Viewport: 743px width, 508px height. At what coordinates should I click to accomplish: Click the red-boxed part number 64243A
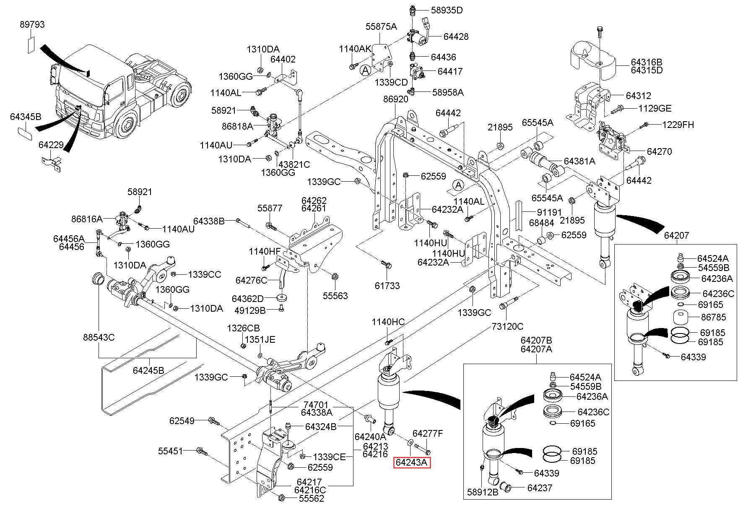(412, 463)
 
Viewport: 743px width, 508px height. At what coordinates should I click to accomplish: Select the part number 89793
(32, 25)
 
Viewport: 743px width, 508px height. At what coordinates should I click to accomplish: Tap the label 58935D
(447, 10)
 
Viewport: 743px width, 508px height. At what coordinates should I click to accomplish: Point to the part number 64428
(456, 36)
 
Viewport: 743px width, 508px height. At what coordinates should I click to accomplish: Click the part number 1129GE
(655, 109)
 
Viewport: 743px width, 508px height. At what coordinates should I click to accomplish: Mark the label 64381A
(579, 161)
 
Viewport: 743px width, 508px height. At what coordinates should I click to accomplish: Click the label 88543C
(99, 337)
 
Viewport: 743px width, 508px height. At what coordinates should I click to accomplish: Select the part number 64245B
(148, 370)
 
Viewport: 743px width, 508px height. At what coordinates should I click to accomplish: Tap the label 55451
(170, 451)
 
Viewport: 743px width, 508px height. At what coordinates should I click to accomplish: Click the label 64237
(540, 488)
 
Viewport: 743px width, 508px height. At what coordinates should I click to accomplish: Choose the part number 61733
(387, 286)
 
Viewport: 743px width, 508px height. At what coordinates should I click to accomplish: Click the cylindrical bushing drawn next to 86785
(682, 318)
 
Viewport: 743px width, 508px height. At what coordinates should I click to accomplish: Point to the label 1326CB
(243, 328)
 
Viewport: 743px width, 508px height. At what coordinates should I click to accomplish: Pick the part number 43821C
(294, 164)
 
